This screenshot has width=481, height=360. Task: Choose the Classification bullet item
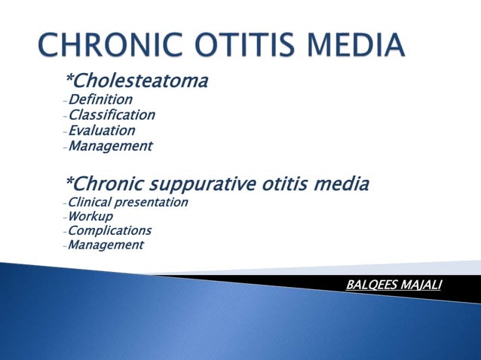tap(112, 115)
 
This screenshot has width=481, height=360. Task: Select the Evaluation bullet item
tap(102, 130)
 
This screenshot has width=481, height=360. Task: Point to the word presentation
tap(152, 203)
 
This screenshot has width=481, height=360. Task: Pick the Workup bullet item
tap(90, 216)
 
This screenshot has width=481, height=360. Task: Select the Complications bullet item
tap(109, 230)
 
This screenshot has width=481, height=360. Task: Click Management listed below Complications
tap(106, 245)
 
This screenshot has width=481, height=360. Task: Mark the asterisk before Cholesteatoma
tap(69, 78)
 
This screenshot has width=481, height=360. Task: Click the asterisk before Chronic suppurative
tap(69, 182)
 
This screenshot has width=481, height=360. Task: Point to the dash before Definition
tap(66, 101)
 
